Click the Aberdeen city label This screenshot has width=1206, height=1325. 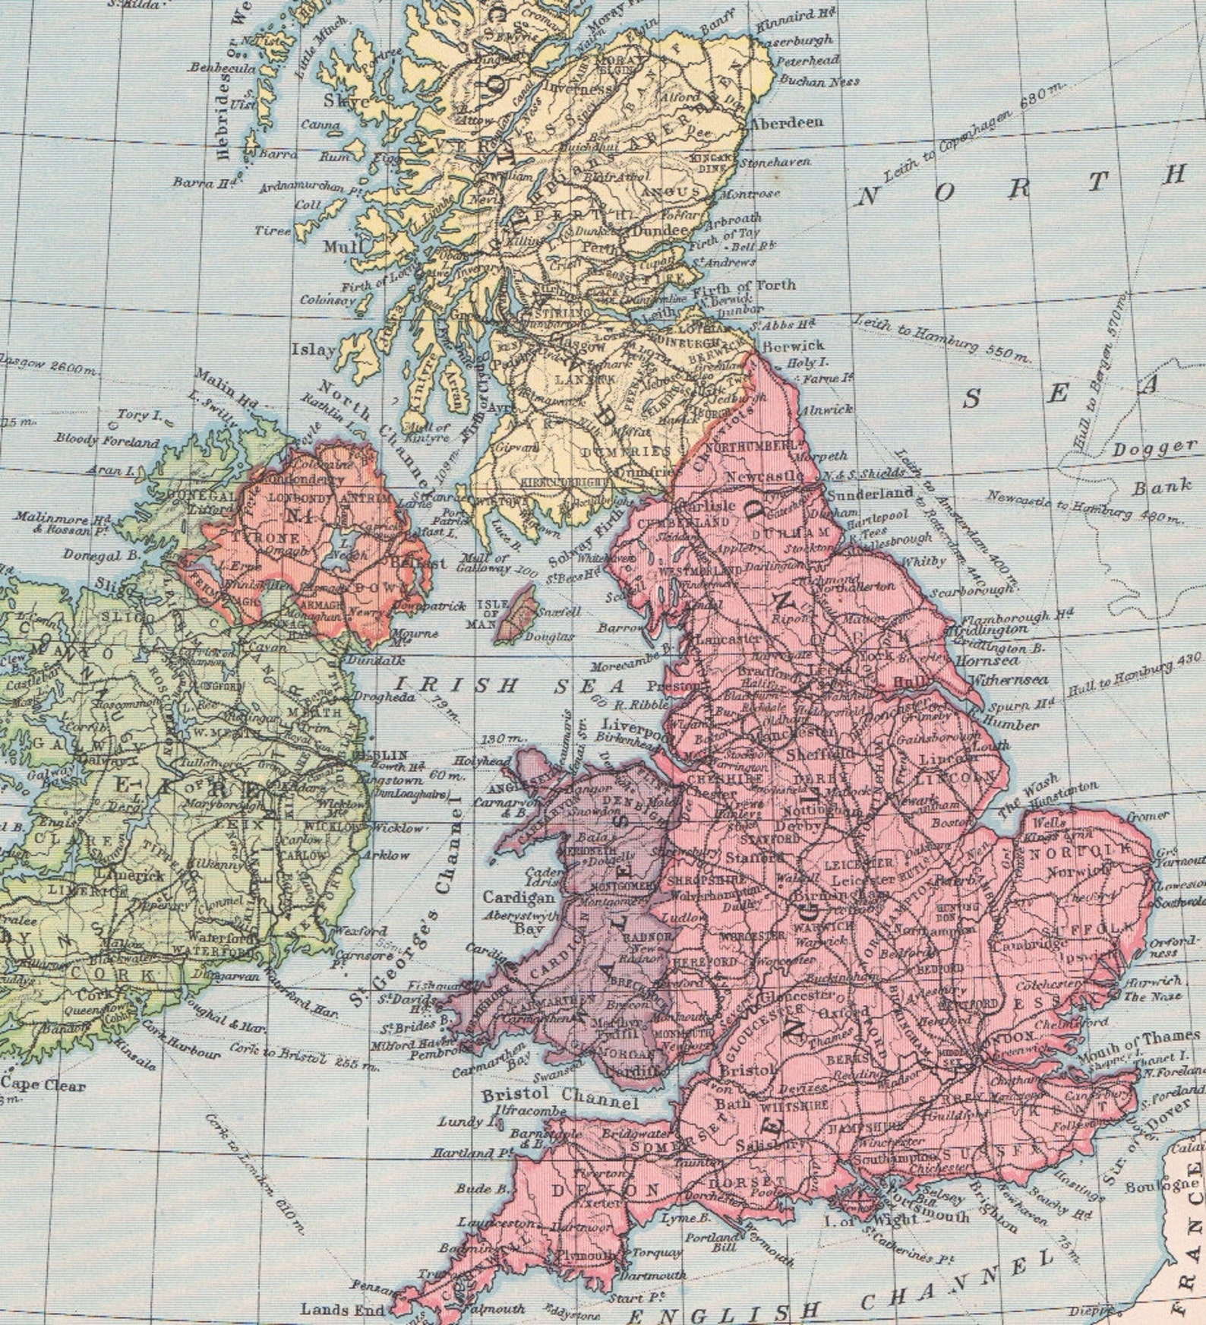tap(787, 122)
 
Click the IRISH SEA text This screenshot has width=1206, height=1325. tap(494, 685)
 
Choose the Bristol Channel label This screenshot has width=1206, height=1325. tap(560, 1098)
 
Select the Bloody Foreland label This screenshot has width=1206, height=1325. tap(109, 441)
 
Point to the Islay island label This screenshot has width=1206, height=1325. tap(313, 350)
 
